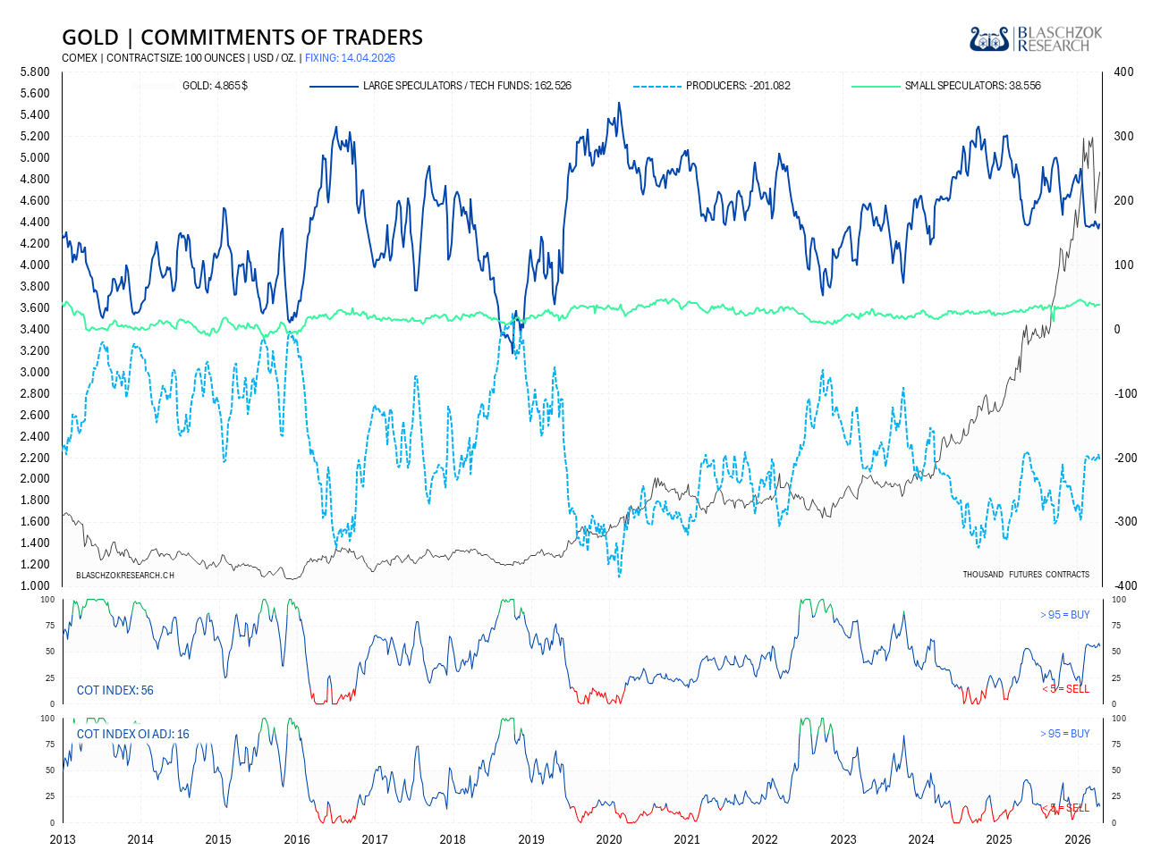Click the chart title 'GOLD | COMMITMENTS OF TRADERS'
(x=241, y=38)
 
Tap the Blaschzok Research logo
(x=1036, y=39)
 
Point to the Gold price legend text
(x=215, y=86)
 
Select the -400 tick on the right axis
(x=1122, y=586)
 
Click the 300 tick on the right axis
(x=1122, y=137)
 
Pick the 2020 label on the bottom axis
(x=608, y=839)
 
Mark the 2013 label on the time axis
(x=63, y=839)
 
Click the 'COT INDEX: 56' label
(x=115, y=690)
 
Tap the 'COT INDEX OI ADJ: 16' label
(x=133, y=734)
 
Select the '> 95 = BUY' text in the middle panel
(x=1064, y=615)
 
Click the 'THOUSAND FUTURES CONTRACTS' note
(x=1026, y=575)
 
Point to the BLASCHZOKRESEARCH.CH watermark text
(x=125, y=575)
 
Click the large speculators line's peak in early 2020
(x=619, y=103)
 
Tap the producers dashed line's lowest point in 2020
(x=619, y=576)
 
